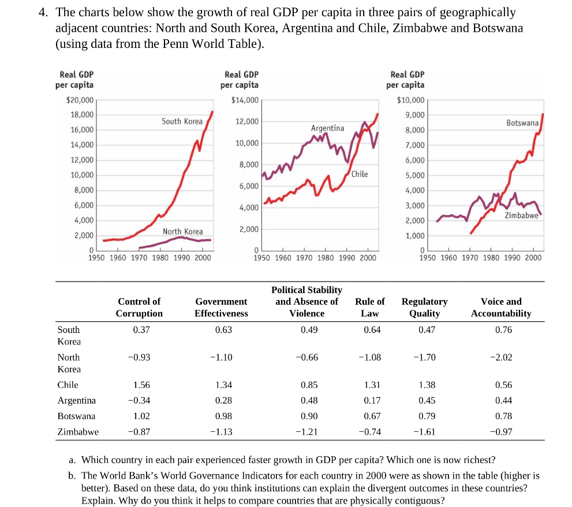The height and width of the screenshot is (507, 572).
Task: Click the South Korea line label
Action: tap(182, 121)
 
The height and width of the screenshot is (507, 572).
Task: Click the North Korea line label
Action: tap(182, 232)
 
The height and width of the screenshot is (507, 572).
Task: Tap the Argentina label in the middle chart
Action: tap(327, 128)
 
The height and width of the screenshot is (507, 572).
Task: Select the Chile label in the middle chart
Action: tap(359, 174)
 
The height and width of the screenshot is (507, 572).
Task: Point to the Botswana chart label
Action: tap(522, 123)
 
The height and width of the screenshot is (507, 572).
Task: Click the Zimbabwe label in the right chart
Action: tap(521, 215)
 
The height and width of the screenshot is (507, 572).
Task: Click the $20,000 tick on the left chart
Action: tap(79, 100)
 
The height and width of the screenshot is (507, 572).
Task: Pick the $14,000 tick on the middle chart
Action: tap(245, 100)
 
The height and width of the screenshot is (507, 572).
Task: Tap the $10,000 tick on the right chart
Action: tap(411, 100)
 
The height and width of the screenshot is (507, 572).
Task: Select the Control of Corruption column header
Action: tap(139, 308)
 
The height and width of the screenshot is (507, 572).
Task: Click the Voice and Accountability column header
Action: tap(500, 308)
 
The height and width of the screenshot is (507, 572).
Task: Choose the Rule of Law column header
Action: tap(370, 308)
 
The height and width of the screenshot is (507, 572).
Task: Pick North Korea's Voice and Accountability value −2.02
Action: tap(500, 357)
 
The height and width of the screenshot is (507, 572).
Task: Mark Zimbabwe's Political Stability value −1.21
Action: tap(306, 432)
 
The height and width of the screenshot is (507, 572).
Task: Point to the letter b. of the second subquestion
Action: tap(72, 476)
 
